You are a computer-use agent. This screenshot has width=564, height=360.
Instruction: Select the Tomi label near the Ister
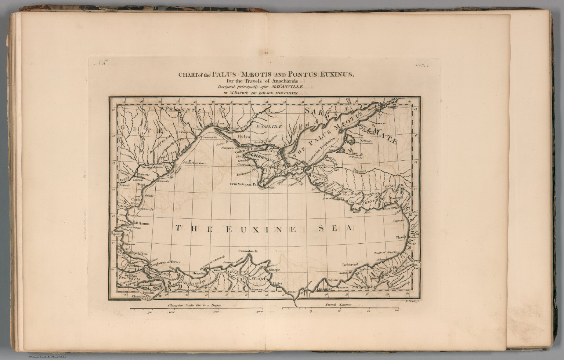click(136, 185)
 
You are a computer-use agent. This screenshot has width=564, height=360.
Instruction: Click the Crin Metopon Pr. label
click(242, 184)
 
